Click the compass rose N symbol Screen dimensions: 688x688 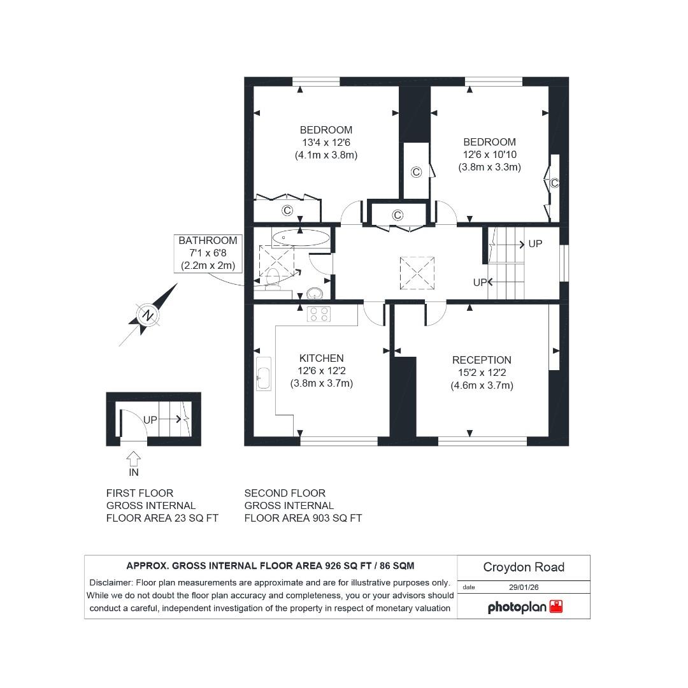click(x=148, y=315)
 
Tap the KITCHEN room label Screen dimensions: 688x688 click(x=321, y=359)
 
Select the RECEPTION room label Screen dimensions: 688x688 click(x=482, y=361)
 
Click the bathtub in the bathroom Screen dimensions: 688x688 click(x=301, y=238)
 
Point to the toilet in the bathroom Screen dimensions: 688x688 click(x=273, y=276)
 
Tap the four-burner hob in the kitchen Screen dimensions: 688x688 click(x=319, y=313)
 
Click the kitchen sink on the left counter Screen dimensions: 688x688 click(x=263, y=373)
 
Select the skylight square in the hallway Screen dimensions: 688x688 click(x=417, y=273)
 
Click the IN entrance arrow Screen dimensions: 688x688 click(x=134, y=459)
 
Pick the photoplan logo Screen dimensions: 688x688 click(x=525, y=607)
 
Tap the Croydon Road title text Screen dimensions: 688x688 click(x=524, y=567)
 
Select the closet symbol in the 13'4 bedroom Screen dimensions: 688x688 click(x=287, y=210)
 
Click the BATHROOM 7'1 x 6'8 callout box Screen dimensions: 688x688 click(x=208, y=253)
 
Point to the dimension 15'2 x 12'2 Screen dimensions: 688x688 click(x=482, y=373)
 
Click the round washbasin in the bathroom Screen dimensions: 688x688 click(x=315, y=294)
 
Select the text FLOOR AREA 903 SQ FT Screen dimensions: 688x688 click(x=303, y=518)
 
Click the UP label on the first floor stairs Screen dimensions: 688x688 click(x=150, y=420)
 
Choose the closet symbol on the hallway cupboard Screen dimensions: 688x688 click(x=398, y=215)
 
